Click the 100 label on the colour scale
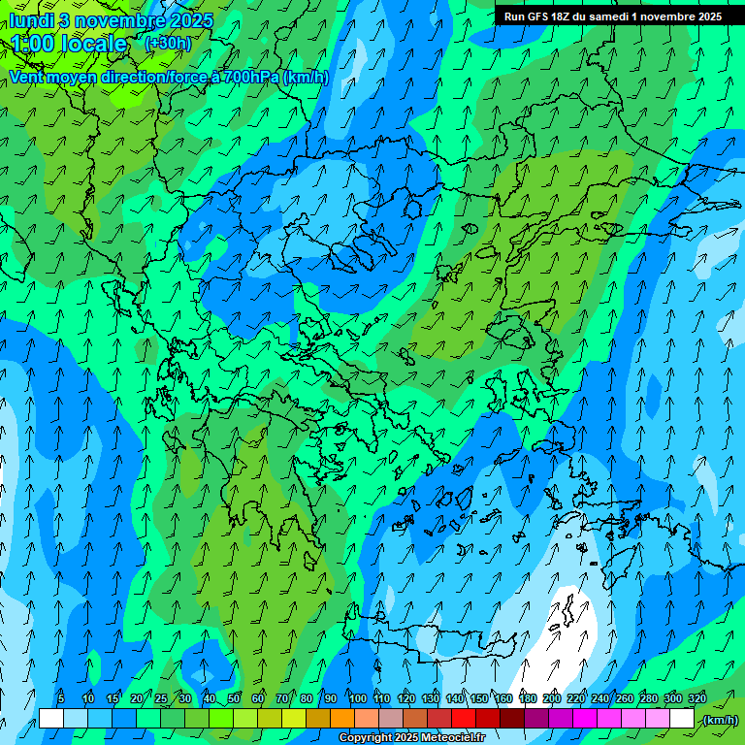358,698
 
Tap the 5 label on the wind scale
61,698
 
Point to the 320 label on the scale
696,698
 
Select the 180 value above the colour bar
528,698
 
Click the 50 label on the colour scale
234,698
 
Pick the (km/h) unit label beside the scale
720,720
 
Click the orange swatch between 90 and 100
342,719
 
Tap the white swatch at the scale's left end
51,719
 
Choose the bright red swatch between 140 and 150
464,719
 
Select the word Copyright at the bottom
365,738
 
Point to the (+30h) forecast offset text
168,44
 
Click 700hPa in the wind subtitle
251,77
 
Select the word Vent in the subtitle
29,77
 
